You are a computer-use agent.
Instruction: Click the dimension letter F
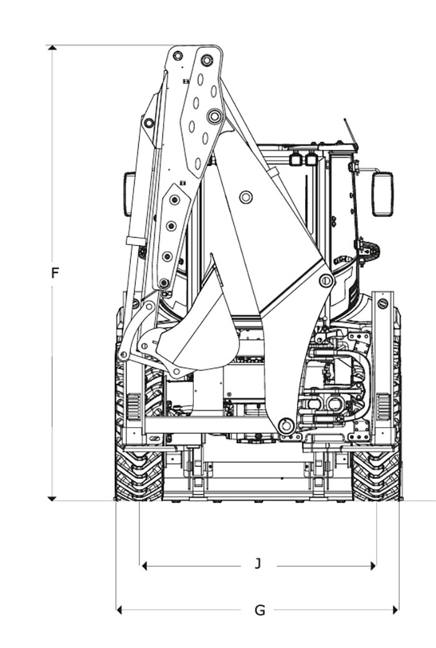[x=55, y=273]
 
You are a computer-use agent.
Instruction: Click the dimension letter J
[x=257, y=563]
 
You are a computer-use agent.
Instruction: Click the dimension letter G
[x=260, y=610]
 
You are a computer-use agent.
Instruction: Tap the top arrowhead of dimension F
[x=52, y=47]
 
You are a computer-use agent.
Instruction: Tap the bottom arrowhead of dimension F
[x=52, y=498]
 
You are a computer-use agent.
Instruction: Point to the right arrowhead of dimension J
[x=373, y=566]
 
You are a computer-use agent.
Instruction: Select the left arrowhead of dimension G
[x=119, y=609]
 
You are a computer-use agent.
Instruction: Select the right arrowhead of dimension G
[x=396, y=609]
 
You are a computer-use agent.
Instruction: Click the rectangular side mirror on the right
[x=382, y=194]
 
